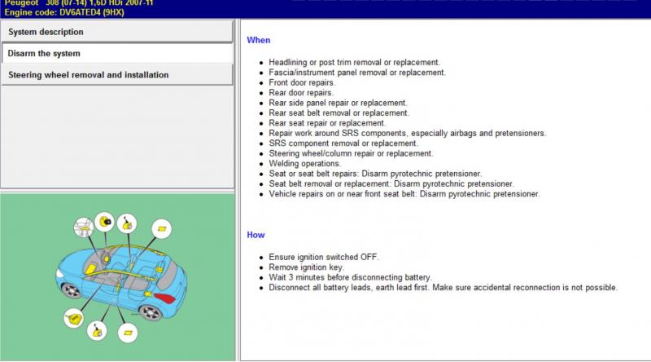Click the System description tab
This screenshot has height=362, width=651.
pyautogui.click(x=117, y=32)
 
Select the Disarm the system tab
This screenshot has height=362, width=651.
pyautogui.click(x=117, y=53)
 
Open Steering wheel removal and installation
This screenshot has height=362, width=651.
pyautogui.click(x=117, y=75)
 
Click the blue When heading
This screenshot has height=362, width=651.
pyautogui.click(x=258, y=41)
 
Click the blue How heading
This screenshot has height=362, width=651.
pyautogui.click(x=256, y=235)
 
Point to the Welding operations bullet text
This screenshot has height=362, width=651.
pyautogui.click(x=304, y=164)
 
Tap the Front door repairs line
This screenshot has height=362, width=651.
pyautogui.click(x=302, y=83)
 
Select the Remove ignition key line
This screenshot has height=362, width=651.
pyautogui.click(x=307, y=267)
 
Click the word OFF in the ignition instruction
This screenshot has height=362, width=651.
pyautogui.click(x=369, y=257)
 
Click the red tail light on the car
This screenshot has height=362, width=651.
pyautogui.click(x=165, y=298)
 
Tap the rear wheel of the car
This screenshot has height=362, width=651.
pyautogui.click(x=151, y=312)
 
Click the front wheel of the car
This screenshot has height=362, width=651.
pyautogui.click(x=71, y=289)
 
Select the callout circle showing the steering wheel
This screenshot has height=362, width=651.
pyautogui.click(x=84, y=227)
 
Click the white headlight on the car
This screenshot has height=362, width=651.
pyautogui.click(x=59, y=274)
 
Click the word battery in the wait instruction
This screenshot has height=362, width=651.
pyautogui.click(x=417, y=277)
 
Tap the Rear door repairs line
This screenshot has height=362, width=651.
pyautogui.click(x=300, y=93)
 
